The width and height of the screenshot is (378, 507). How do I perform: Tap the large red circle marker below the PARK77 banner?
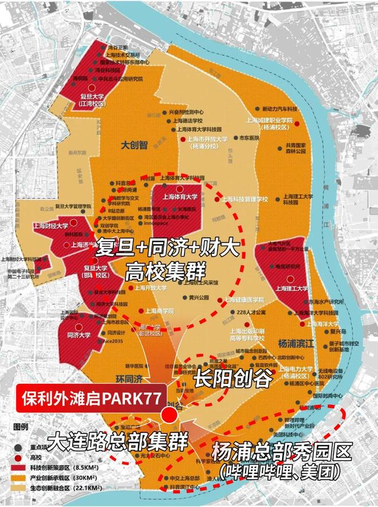(169, 415)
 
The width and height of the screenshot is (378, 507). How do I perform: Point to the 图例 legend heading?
(21, 427)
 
